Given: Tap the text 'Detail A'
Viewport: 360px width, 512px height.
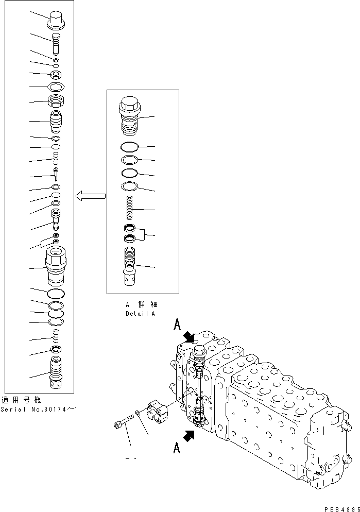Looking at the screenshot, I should [140, 313].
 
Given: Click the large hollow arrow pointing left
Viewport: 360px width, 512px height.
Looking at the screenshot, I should [91, 196].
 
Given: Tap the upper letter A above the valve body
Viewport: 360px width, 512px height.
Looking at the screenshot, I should [177, 325].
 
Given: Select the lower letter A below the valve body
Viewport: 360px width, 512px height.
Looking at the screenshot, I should [177, 448].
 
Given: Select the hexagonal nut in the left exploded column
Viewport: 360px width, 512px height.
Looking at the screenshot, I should [55, 87].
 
